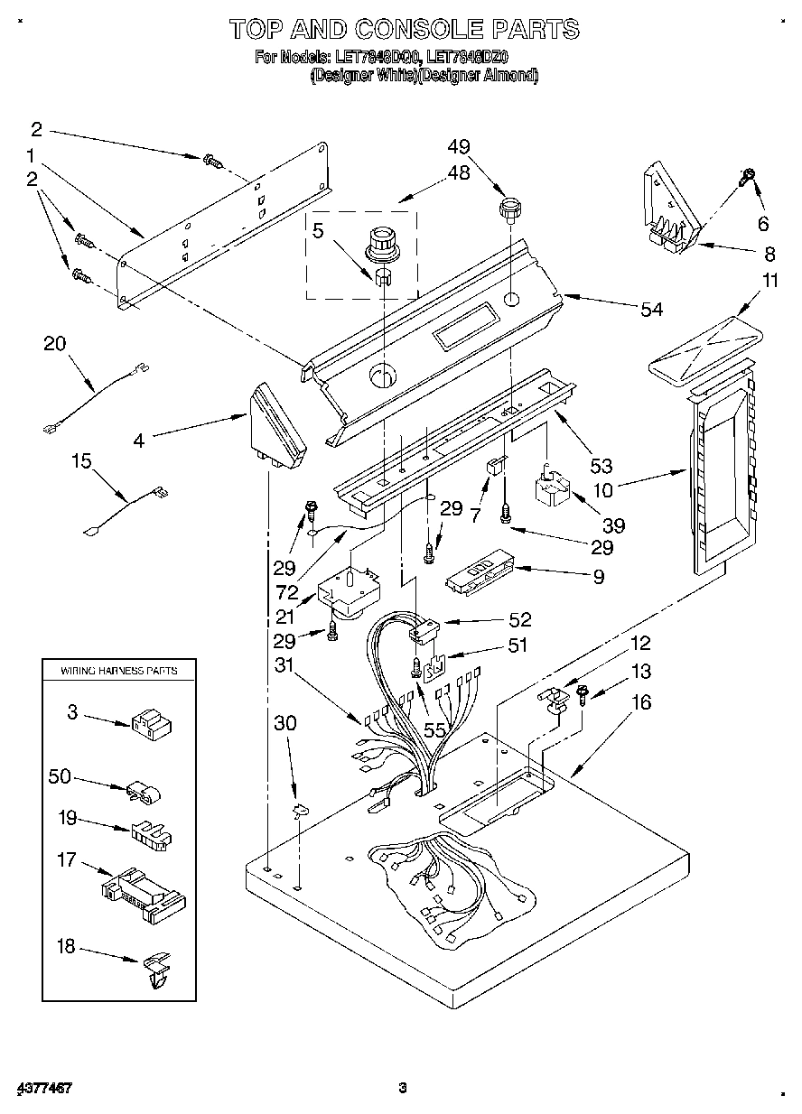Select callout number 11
point(769,281)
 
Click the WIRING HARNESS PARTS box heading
point(118,671)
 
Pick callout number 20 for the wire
point(55,342)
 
